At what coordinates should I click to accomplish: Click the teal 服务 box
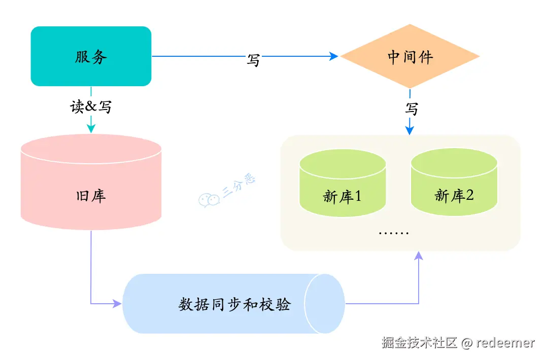(x=91, y=56)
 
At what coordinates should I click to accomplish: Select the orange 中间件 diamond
(x=410, y=56)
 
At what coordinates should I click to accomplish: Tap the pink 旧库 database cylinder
(x=91, y=188)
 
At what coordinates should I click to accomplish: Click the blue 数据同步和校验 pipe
(x=233, y=304)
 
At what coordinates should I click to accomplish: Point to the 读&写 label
(x=91, y=107)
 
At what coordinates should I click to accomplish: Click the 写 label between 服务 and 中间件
(x=253, y=59)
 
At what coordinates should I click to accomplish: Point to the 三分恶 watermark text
(x=239, y=185)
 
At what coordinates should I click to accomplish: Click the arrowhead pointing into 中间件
(x=334, y=56)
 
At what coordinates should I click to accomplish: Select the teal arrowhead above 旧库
(x=91, y=129)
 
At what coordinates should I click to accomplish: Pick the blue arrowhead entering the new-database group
(x=410, y=130)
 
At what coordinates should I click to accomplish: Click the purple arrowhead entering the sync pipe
(x=117, y=304)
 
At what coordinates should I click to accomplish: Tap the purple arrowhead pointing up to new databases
(x=419, y=256)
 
